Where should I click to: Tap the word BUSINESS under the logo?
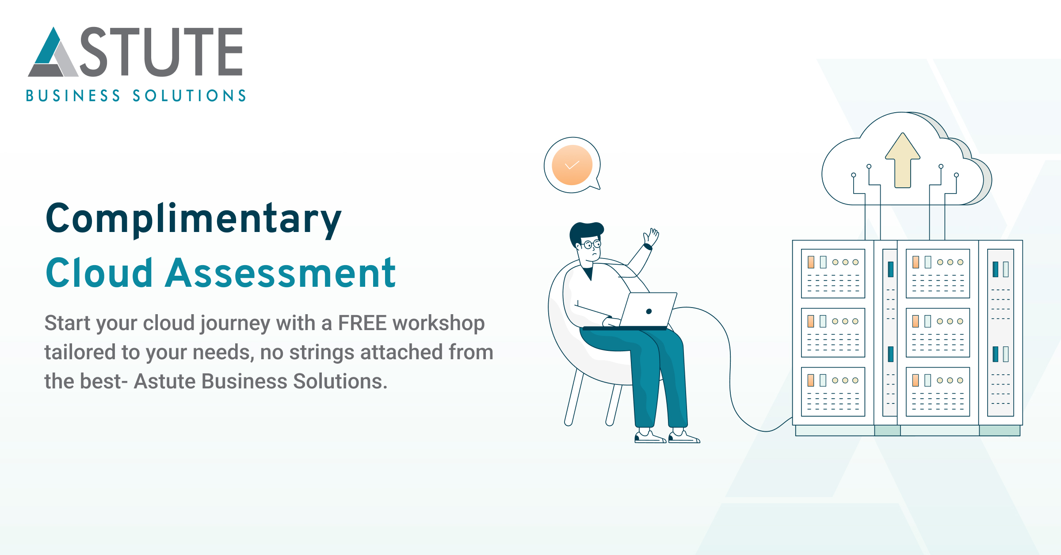[73, 96]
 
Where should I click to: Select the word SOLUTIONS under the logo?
[189, 96]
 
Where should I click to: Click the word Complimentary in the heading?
[194, 219]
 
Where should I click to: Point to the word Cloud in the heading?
[99, 273]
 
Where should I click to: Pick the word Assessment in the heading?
[280, 273]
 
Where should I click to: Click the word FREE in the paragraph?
[362, 323]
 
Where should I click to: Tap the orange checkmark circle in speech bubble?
[572, 165]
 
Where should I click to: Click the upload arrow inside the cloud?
[903, 161]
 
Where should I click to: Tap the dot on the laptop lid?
[649, 311]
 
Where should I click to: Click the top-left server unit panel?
[833, 274]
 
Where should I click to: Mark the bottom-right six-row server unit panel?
[938, 392]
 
